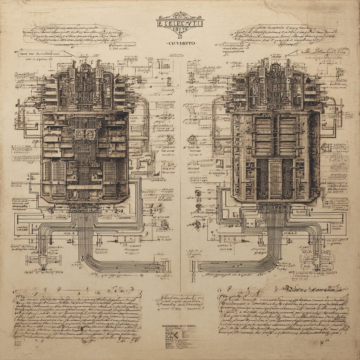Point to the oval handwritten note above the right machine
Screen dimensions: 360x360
[283, 34]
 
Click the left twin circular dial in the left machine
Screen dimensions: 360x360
[79, 134]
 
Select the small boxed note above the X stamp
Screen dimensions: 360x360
[180, 302]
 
